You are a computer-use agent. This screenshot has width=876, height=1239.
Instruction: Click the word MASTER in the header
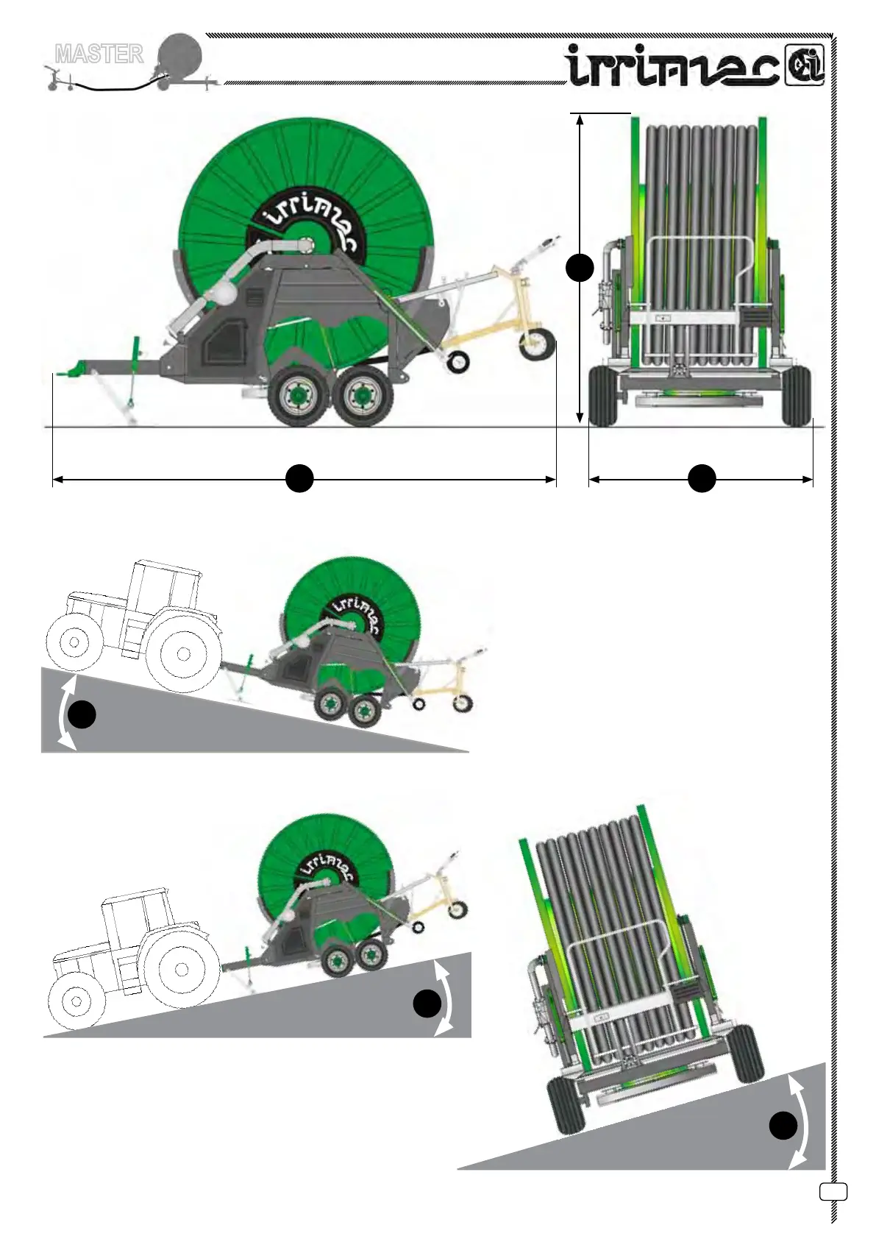tap(99, 54)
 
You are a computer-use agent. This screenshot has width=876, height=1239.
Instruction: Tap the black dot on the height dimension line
tap(580, 268)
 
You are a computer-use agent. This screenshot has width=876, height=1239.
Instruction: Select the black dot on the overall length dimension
tap(299, 479)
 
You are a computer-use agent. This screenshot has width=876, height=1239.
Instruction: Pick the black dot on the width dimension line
tap(702, 479)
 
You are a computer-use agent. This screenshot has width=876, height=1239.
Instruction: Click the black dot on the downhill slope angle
tap(82, 714)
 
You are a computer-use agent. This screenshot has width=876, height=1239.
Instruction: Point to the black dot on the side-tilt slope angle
tap(783, 1126)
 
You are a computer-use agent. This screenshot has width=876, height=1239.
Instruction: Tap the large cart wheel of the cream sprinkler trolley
tap(536, 344)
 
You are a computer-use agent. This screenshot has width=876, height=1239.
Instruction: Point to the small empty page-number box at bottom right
tap(833, 1191)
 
